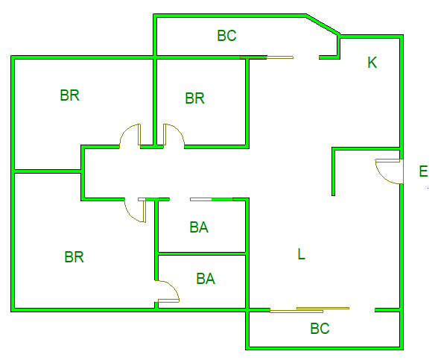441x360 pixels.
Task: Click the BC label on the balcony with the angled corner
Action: pos(226,36)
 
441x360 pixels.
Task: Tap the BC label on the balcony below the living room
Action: pos(320,329)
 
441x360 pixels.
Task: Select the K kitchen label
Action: pos(372,63)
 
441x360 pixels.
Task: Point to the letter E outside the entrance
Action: pos(423,171)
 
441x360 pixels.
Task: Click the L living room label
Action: pos(301,254)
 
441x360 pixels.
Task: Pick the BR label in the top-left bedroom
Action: pos(70,95)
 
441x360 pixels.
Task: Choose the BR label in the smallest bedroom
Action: pos(194,98)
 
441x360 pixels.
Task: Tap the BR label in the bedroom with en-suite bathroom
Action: pos(74,257)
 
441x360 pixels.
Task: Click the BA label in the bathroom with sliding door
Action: pos(199,227)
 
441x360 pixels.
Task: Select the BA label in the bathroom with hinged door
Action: pos(206,279)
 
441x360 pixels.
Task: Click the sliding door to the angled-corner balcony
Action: pos(267,57)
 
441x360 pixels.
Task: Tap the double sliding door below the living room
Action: pos(309,310)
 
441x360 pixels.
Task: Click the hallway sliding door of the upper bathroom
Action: pos(212,200)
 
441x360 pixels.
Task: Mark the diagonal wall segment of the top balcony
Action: pos(323,25)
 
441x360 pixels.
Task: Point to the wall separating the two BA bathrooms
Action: pos(202,254)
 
